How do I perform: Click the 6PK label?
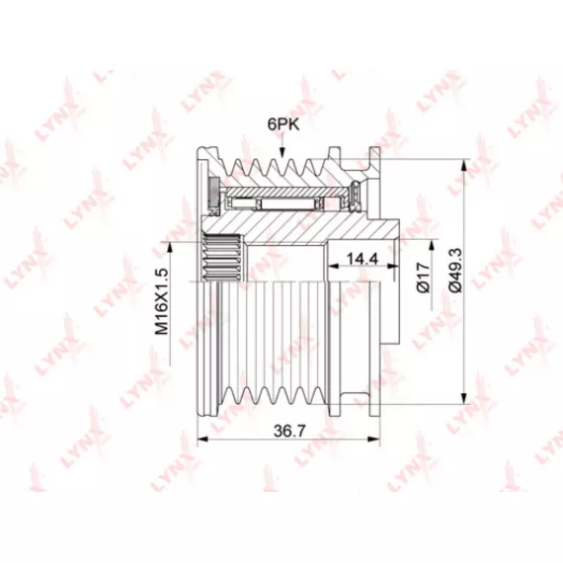click(x=282, y=124)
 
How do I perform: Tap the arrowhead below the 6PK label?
click(x=282, y=152)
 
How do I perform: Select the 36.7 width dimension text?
click(x=289, y=431)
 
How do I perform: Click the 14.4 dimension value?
click(x=362, y=258)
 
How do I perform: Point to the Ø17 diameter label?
click(x=424, y=278)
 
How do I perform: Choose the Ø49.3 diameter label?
click(x=455, y=271)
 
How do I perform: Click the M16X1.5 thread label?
click(x=162, y=301)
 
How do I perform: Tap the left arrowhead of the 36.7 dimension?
click(x=203, y=439)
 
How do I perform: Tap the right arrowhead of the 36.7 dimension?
click(x=374, y=439)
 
